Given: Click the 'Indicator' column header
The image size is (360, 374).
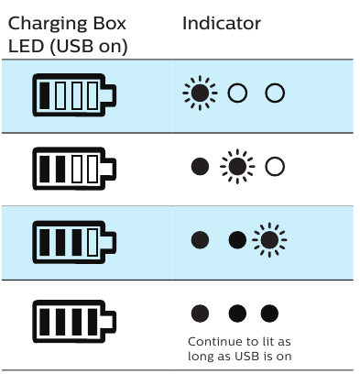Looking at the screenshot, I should click(223, 23).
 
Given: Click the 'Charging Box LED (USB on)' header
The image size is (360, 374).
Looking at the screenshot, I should click(67, 34).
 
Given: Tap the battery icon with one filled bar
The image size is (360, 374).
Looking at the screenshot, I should click(75, 94).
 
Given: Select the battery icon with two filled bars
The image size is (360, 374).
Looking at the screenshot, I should click(75, 168).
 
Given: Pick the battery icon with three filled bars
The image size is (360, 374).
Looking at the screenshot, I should click(75, 241).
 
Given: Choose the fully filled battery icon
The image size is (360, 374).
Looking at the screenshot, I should click(75, 316).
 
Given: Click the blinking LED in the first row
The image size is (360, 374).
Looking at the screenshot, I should click(198, 93).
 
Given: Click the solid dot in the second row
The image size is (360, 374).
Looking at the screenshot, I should click(199, 167).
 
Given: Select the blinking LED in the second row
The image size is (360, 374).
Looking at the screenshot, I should click(237, 167).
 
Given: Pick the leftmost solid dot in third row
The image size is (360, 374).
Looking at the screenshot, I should click(199, 240).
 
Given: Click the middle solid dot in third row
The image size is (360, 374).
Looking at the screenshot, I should click(237, 240).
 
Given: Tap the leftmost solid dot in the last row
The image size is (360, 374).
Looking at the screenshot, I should click(200, 313).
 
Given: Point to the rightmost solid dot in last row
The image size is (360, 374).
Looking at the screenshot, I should click(269, 313).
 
